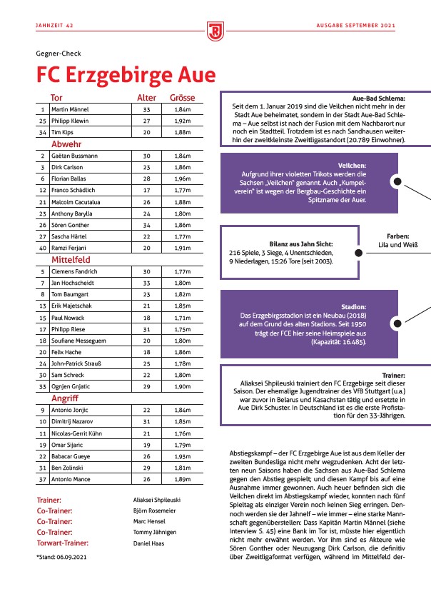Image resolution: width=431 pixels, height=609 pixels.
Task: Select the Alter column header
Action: pos(146,98)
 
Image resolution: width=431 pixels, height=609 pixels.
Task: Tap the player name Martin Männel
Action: pos(70,110)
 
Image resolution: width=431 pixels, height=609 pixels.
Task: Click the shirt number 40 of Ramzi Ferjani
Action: pos(44,248)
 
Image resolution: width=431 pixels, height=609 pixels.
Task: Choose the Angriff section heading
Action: pos(64,398)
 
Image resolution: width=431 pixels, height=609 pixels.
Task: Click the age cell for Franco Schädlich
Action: pos(146,190)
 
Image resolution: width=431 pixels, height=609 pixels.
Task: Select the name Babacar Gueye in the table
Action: pos(70,456)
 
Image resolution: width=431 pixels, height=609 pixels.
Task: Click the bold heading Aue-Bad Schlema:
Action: pos(379,99)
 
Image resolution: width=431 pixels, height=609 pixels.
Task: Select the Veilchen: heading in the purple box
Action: pos(349,165)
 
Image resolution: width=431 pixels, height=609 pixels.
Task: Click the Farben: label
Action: pos(397,235)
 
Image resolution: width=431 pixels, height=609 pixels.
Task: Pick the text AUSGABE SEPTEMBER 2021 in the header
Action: pos(355,26)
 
